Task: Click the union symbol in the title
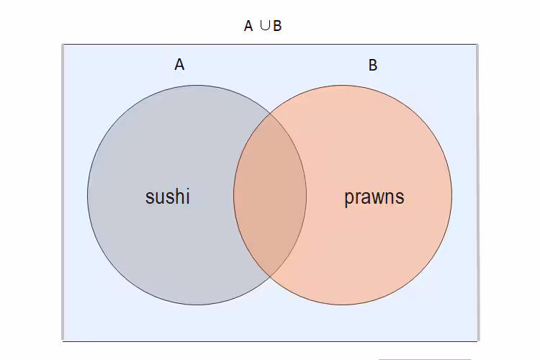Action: [264, 26]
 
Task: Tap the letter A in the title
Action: [248, 27]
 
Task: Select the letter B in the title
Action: [277, 27]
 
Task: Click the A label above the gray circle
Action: [179, 65]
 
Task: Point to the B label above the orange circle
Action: [373, 66]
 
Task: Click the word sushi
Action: [168, 197]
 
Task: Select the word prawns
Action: [374, 197]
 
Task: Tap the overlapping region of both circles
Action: [270, 195]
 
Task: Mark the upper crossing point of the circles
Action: [270, 113]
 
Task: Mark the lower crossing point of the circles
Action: [270, 277]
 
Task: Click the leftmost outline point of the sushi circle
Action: [88, 195]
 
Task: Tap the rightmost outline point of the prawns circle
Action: [452, 195]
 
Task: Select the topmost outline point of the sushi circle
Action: [197, 86]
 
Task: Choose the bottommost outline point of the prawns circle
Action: [343, 305]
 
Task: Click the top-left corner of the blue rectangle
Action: [63, 45]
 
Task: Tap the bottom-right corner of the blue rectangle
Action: [477, 340]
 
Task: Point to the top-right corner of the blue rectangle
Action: [477, 45]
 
